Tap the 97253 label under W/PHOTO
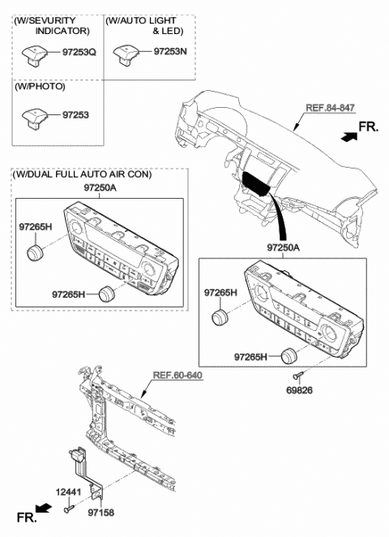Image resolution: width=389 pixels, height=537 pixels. click(x=75, y=115)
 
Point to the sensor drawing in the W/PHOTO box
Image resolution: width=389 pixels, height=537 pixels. click(x=36, y=116)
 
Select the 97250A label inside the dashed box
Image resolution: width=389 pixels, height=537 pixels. click(x=94, y=188)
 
